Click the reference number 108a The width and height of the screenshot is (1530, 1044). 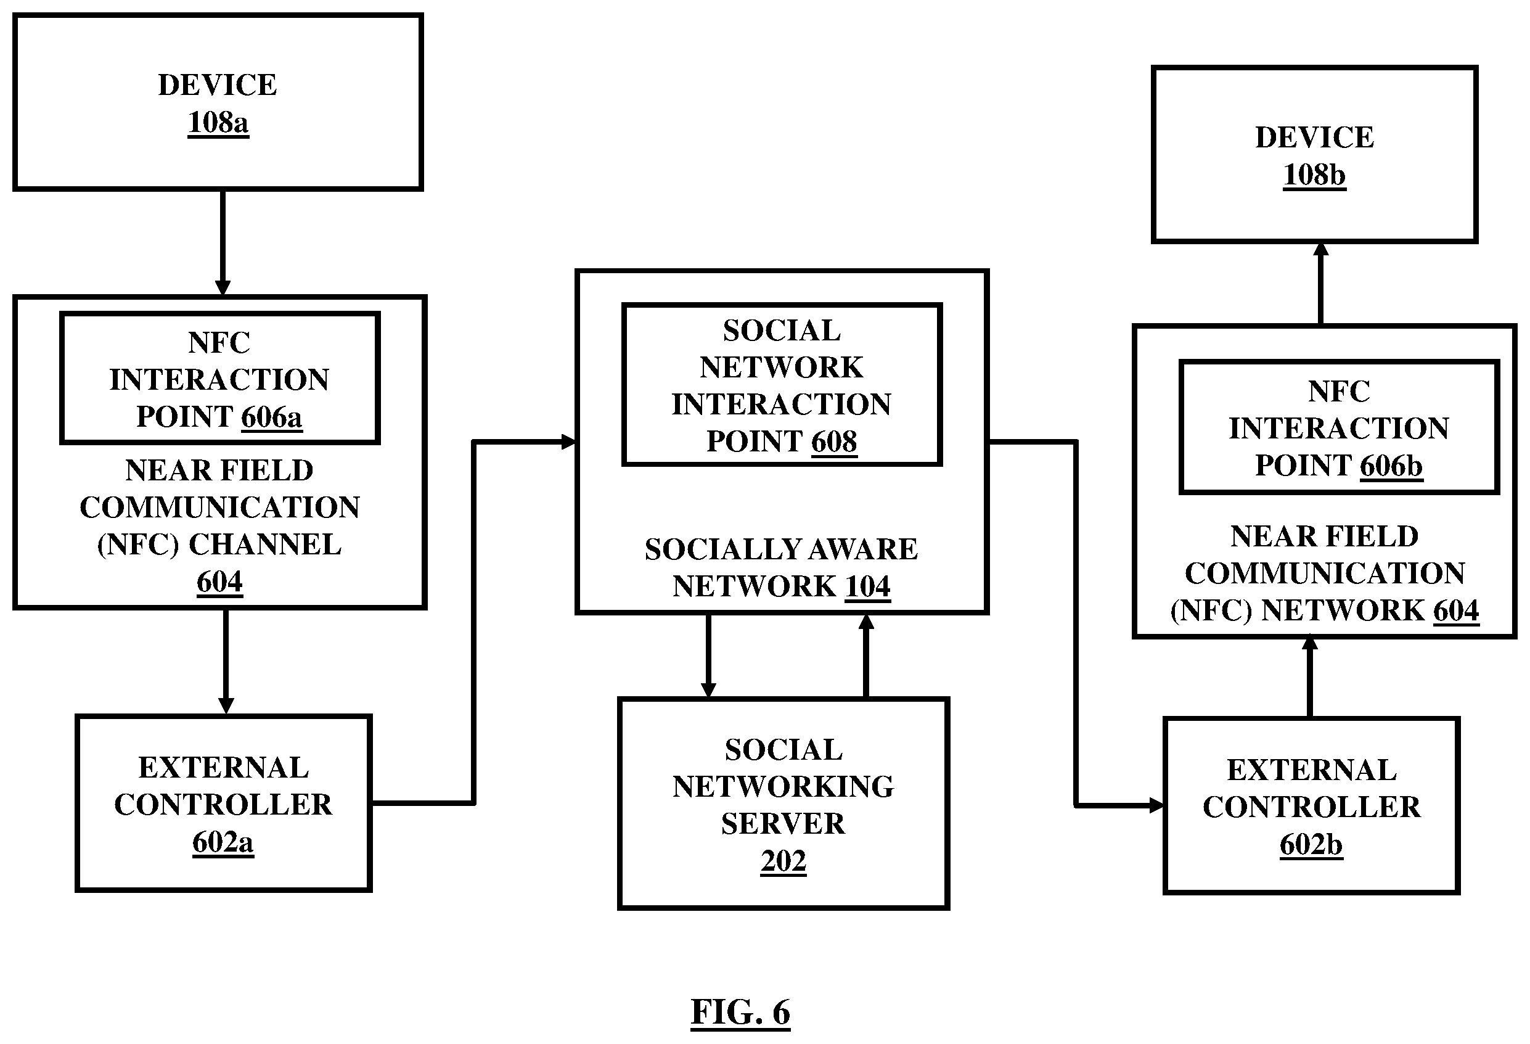(x=218, y=123)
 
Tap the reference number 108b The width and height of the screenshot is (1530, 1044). (x=1314, y=175)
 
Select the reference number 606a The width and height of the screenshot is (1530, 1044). (x=272, y=417)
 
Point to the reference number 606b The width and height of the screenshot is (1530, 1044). (x=1392, y=466)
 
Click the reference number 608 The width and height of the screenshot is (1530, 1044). (x=834, y=442)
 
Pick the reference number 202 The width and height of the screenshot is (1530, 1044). (x=783, y=861)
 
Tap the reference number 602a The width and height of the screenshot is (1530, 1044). (x=223, y=842)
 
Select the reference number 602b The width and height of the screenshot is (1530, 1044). (x=1311, y=845)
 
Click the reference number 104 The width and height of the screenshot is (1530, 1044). (x=868, y=586)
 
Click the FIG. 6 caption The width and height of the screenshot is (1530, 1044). (x=740, y=1012)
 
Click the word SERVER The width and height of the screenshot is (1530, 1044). (x=783, y=824)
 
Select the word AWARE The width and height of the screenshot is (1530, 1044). (x=865, y=549)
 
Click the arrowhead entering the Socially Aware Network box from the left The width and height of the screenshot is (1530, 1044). (x=570, y=442)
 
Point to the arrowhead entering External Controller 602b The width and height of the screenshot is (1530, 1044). (x=1156, y=805)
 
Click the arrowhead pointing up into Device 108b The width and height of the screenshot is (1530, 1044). (x=1320, y=249)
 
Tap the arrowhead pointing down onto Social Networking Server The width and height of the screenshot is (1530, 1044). (x=708, y=689)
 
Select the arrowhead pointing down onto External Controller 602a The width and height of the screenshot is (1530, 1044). (x=226, y=706)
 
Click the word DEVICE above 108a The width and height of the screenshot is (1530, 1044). (x=218, y=85)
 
